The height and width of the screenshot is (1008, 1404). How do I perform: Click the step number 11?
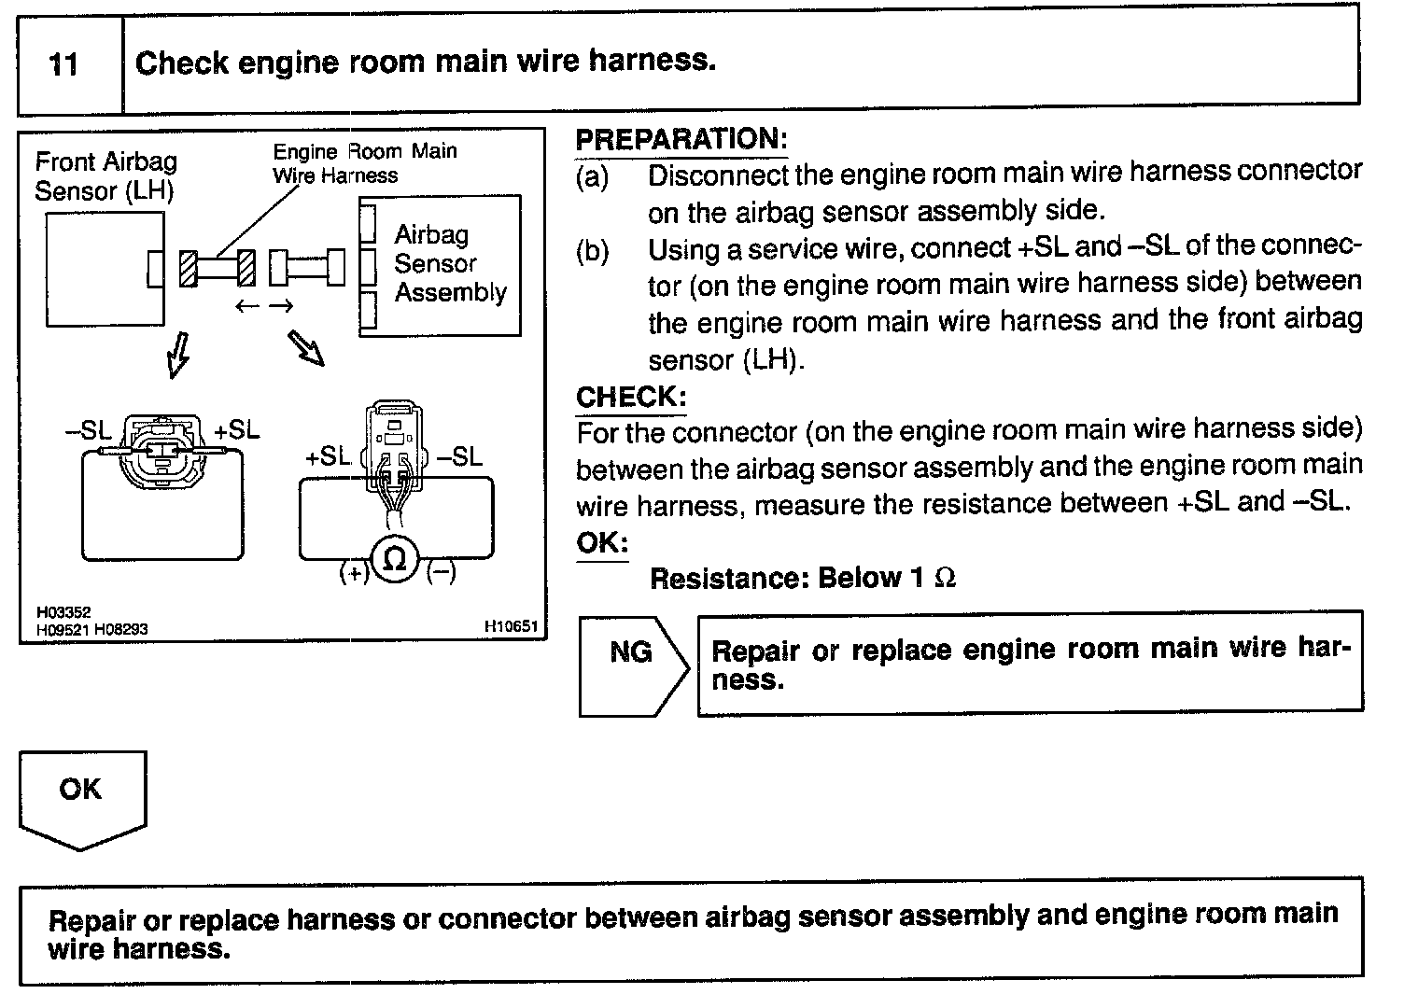point(63,64)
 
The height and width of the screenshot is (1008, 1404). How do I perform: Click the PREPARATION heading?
point(681,139)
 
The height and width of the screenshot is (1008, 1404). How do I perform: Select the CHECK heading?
point(631,397)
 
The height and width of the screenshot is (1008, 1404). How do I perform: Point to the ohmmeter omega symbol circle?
point(395,559)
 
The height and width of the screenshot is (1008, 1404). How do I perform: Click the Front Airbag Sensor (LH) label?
point(105,175)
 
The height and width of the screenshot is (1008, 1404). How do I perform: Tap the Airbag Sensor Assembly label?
point(449,263)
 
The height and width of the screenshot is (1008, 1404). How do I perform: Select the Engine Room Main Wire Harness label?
point(364,163)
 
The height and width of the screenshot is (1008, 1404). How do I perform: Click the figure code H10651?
point(511,627)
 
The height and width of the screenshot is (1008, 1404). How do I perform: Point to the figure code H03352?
point(63,612)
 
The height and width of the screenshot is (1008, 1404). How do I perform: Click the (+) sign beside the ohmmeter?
point(354,573)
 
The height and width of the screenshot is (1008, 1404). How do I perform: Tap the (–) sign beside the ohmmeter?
point(441,573)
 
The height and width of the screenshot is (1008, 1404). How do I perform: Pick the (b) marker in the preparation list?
point(592,251)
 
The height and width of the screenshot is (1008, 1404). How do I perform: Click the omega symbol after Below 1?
point(945,579)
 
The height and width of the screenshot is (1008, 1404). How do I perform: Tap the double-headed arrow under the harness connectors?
point(264,306)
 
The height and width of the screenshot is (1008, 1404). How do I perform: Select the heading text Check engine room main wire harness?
point(426,63)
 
